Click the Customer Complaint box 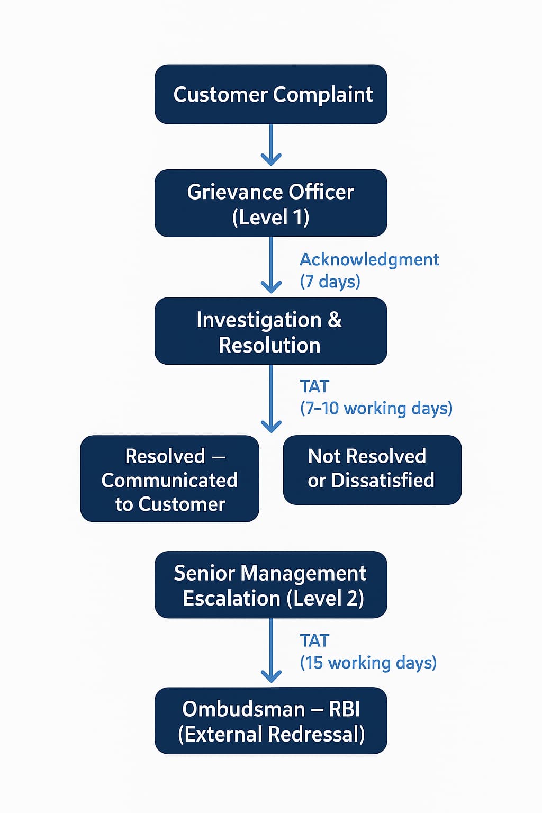pyautogui.click(x=270, y=94)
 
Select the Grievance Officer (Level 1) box pyautogui.click(x=270, y=203)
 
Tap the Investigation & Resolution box pyautogui.click(x=270, y=331)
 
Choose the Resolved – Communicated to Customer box pyautogui.click(x=169, y=479)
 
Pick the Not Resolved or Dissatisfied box pyautogui.click(x=372, y=470)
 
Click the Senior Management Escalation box pyautogui.click(x=270, y=585)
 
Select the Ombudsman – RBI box pyautogui.click(x=270, y=721)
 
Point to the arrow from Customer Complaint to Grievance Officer pyautogui.click(x=271, y=146)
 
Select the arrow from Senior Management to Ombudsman pyautogui.click(x=271, y=651)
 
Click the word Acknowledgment pyautogui.click(x=369, y=260)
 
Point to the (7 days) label pyautogui.click(x=330, y=281)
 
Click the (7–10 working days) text pyautogui.click(x=376, y=409)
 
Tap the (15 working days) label pyautogui.click(x=368, y=663)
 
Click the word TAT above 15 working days pyautogui.click(x=314, y=641)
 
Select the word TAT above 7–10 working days pyautogui.click(x=314, y=386)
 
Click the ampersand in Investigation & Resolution pyautogui.click(x=335, y=320)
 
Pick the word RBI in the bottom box pyautogui.click(x=344, y=709)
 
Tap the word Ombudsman pyautogui.click(x=243, y=709)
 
